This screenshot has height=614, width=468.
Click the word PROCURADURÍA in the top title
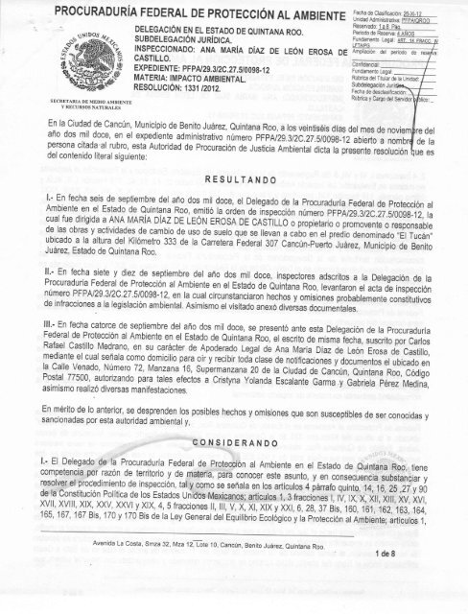[x=97, y=11]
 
